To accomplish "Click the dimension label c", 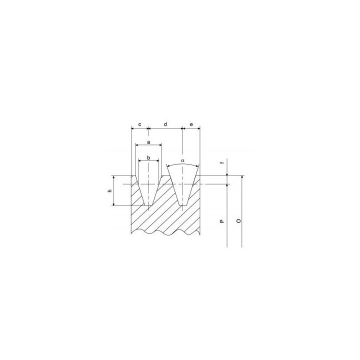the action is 139,124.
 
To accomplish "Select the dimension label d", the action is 165,124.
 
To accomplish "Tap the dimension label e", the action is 191,124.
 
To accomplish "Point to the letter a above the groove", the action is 148,142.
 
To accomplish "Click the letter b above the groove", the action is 148,157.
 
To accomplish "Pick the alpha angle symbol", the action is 182,160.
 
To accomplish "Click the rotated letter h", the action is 110,190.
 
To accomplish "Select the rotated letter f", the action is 222,163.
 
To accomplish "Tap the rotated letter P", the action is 222,221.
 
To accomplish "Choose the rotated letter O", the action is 239,221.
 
